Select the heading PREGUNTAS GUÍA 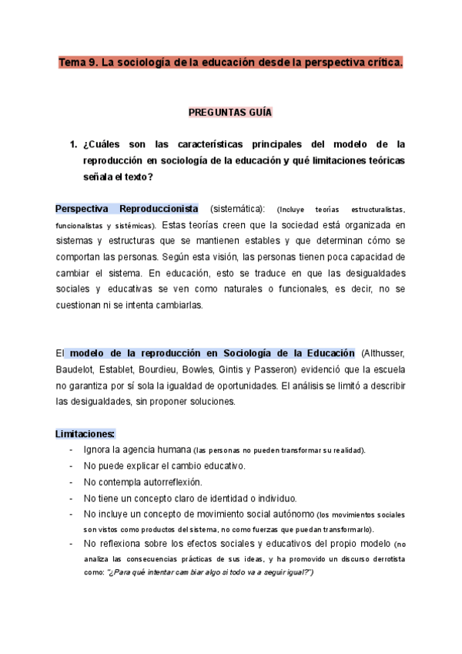[230, 112]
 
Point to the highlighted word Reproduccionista [159, 209]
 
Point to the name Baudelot [75, 369]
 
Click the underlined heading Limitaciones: [85, 433]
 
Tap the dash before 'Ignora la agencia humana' [71, 450]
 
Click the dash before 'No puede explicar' [71, 466]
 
